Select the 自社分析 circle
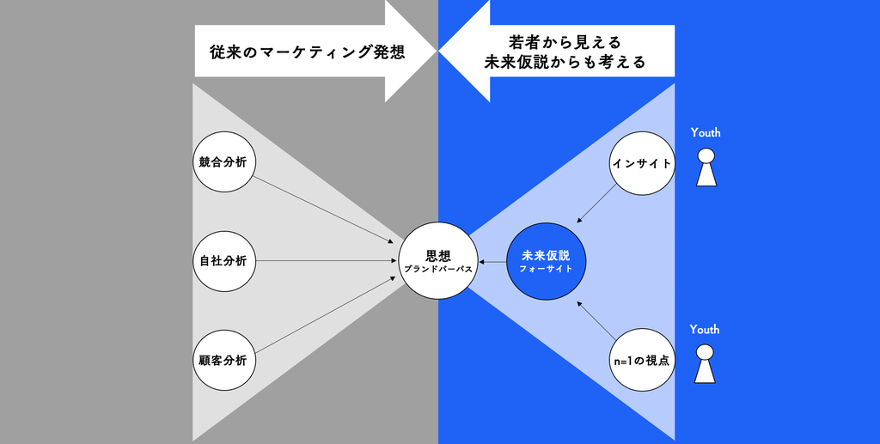point(223,261)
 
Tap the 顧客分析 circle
point(223,361)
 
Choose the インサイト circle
point(640,162)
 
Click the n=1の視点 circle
point(641,361)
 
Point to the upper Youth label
point(706,133)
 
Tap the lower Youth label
point(705,330)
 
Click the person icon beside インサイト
point(706,167)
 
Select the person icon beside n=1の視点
point(705,364)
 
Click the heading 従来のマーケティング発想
point(308,52)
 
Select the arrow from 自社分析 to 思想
point(327,261)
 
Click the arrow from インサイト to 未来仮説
point(596,204)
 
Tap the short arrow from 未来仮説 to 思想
point(492,261)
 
